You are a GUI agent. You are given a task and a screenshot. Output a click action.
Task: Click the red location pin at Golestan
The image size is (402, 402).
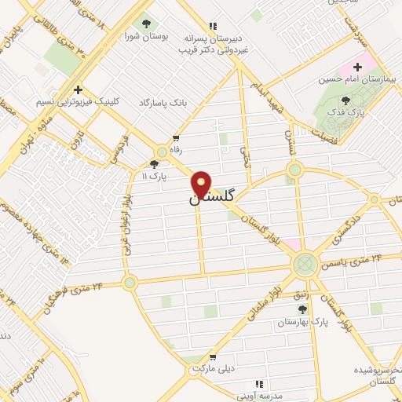[x=202, y=184]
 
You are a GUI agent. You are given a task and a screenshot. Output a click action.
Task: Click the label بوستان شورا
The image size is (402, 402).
[x=145, y=36]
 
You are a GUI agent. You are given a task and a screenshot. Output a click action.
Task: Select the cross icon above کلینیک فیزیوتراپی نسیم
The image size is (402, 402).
[x=77, y=89]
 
